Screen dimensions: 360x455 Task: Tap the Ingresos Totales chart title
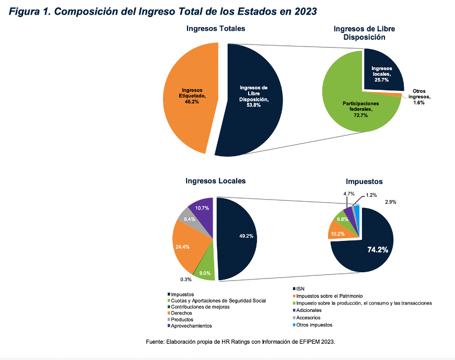pos(216,28)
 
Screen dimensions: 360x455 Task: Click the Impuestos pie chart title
pos(364,181)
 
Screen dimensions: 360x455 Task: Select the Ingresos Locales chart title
pos(215,181)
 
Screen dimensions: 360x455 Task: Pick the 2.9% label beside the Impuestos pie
pos(390,202)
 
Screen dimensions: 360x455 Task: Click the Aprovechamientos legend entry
pos(192,326)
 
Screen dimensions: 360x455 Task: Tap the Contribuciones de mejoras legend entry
pos(201,307)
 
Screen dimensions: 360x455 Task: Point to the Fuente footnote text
pos(240,342)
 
